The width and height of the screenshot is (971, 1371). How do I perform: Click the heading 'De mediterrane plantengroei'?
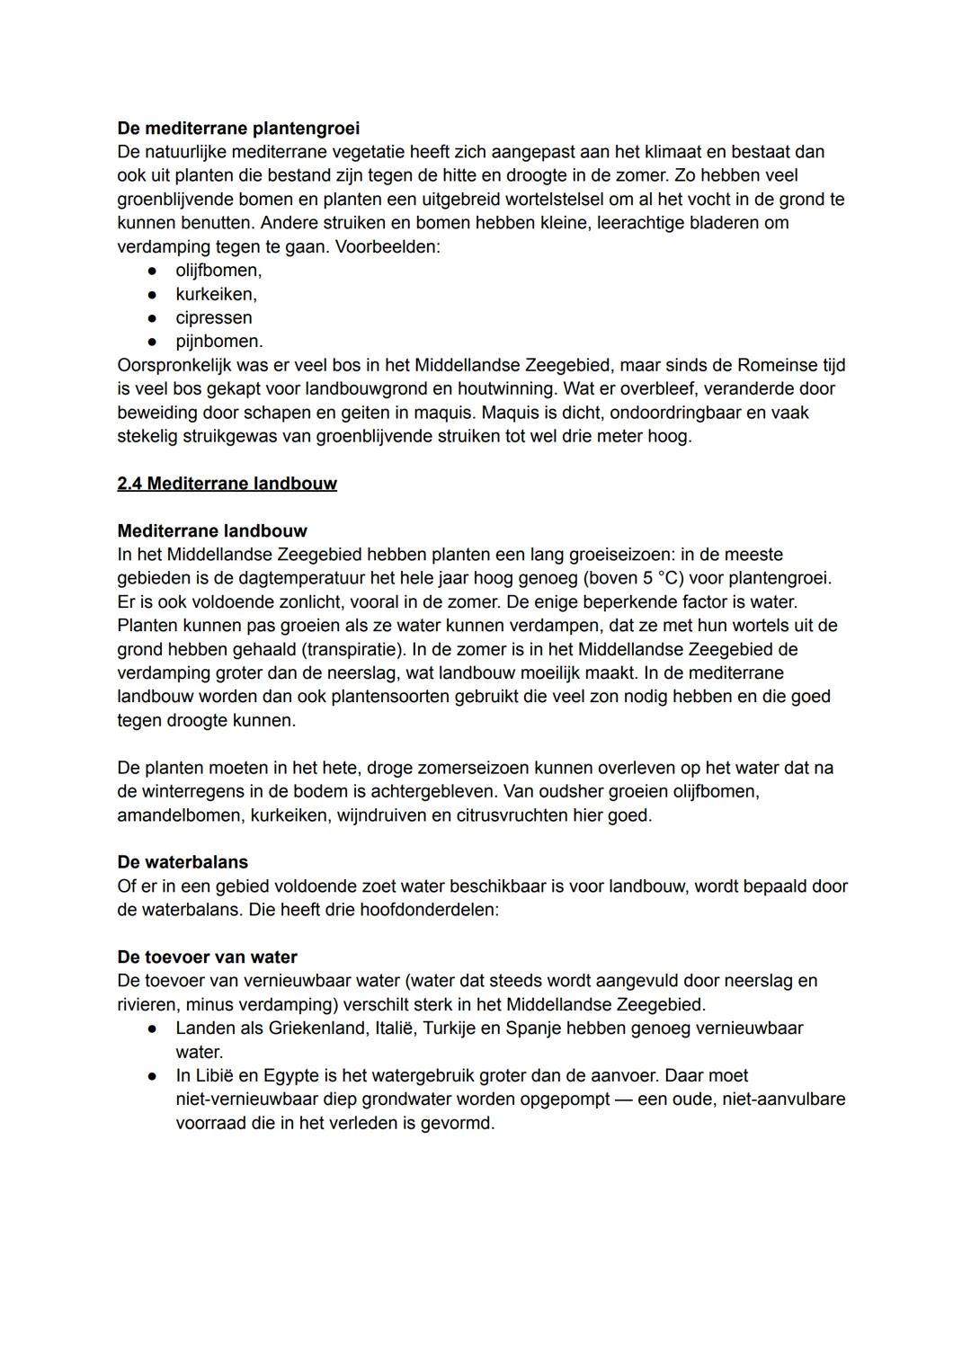coord(238,129)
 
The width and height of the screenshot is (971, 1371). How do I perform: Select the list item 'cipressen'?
coord(213,317)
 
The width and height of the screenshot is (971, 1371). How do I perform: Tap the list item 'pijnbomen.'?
coord(218,342)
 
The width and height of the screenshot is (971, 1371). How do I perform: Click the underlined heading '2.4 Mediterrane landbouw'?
coord(227,484)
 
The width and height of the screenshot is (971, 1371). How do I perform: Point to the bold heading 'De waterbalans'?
coord(183,862)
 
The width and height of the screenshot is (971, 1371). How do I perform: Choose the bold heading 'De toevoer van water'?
coord(207,957)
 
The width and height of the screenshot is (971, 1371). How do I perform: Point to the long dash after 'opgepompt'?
coord(623,1099)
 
